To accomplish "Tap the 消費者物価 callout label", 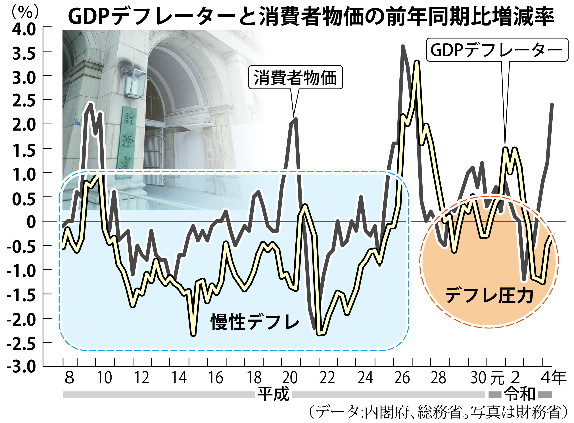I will pos(295,78).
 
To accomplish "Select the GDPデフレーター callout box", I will pos(497,50).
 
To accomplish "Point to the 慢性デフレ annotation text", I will pos(255,322).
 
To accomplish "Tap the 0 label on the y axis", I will pos(31,222).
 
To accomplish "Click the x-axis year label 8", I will pos(69,378).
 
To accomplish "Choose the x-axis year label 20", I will pos(290,378).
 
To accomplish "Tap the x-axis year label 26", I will pos(402,378).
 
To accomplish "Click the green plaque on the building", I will pos(127,141).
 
